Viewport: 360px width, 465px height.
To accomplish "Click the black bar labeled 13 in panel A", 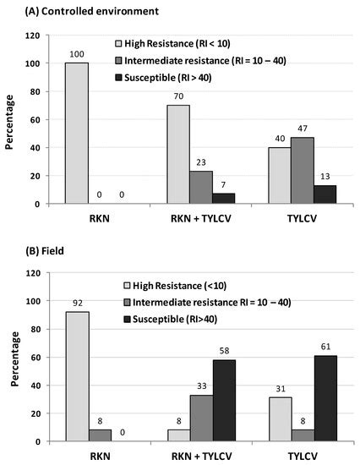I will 325,194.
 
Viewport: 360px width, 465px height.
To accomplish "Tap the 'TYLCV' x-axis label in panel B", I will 302,455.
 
